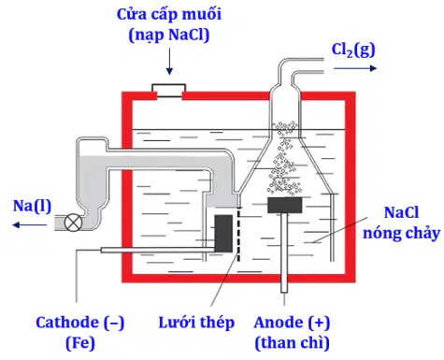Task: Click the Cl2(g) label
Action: pyautogui.click(x=353, y=50)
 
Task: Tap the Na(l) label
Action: pyautogui.click(x=32, y=206)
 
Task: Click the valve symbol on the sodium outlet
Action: pyautogui.click(x=73, y=223)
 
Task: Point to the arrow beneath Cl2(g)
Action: pyautogui.click(x=355, y=68)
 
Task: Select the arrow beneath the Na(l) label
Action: pyautogui.click(x=30, y=224)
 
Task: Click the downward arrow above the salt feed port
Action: pyautogui.click(x=169, y=62)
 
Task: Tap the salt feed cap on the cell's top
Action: pyautogui.click(x=169, y=91)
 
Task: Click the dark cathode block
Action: pyautogui.click(x=223, y=234)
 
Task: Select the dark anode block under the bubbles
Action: pyautogui.click(x=285, y=205)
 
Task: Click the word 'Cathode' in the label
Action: pyautogui.click(x=67, y=323)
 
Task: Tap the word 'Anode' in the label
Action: pyautogui.click(x=279, y=323)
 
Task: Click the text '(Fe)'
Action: pyautogui.click(x=80, y=343)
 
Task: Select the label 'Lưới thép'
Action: pyautogui.click(x=196, y=323)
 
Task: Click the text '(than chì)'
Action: pyautogui.click(x=292, y=343)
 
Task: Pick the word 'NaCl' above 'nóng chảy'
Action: pyautogui.click(x=401, y=212)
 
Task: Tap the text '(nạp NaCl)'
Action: pyautogui.click(x=169, y=35)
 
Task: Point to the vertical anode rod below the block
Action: pyautogui.click(x=284, y=252)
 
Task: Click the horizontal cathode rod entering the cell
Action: pyautogui.click(x=158, y=250)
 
